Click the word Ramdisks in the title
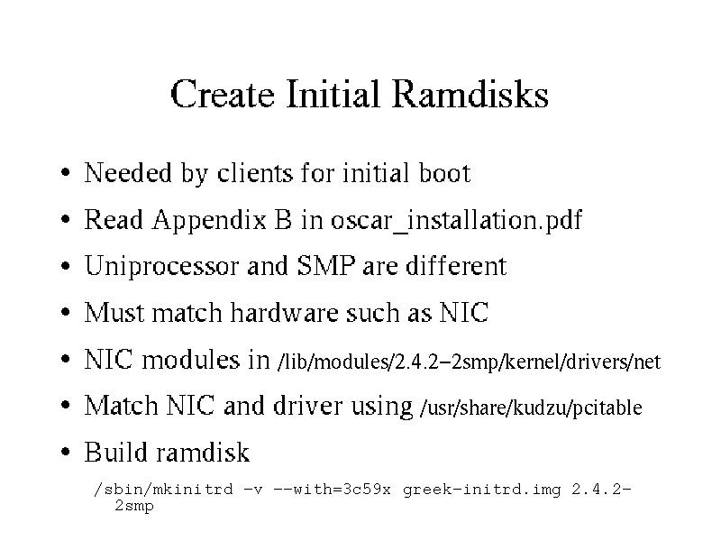470,94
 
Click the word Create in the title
223,94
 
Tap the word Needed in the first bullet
128,172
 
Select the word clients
255,172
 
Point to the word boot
444,172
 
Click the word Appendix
209,220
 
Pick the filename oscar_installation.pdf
457,220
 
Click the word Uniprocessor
161,266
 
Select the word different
456,265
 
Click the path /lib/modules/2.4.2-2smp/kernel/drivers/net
469,362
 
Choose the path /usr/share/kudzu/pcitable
531,408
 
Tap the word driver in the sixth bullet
307,406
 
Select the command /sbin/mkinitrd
163,489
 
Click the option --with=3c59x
332,489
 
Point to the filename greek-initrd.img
481,489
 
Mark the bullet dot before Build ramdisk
65,452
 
